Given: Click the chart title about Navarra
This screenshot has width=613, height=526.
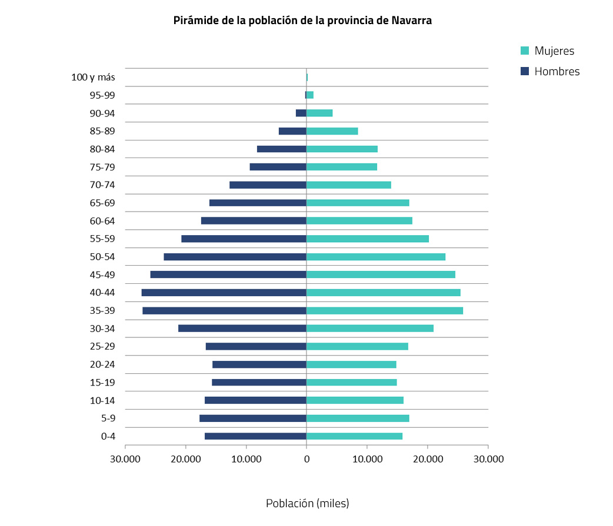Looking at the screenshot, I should (x=302, y=21).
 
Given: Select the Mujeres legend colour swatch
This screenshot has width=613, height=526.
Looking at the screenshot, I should (x=525, y=51).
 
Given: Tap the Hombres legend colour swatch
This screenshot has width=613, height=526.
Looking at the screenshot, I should (x=525, y=72).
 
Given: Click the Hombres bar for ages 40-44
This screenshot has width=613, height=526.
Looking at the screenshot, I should (x=224, y=293).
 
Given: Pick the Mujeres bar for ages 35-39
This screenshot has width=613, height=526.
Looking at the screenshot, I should (x=385, y=311).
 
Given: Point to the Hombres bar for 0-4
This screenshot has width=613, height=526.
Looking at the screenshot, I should (x=255, y=436).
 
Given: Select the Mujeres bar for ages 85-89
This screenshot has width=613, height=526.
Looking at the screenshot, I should (x=332, y=131).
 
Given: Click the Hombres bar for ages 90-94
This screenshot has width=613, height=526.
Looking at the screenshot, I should (x=301, y=113).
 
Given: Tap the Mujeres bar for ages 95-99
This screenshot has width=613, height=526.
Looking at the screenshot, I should (x=310, y=95).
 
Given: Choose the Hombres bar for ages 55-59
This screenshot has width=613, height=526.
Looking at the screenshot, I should (x=244, y=239).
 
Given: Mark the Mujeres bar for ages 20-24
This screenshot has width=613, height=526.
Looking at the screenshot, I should (x=351, y=364).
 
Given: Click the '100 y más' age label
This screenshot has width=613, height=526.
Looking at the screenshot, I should (x=93, y=77).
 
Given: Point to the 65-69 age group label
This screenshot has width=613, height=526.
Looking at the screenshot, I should (x=102, y=203).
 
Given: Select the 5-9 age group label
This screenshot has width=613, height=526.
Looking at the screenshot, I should (x=108, y=418).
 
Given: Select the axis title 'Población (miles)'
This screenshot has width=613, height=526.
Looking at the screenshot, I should (x=307, y=504).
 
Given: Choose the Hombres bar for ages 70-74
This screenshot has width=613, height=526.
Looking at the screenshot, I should (x=268, y=185).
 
